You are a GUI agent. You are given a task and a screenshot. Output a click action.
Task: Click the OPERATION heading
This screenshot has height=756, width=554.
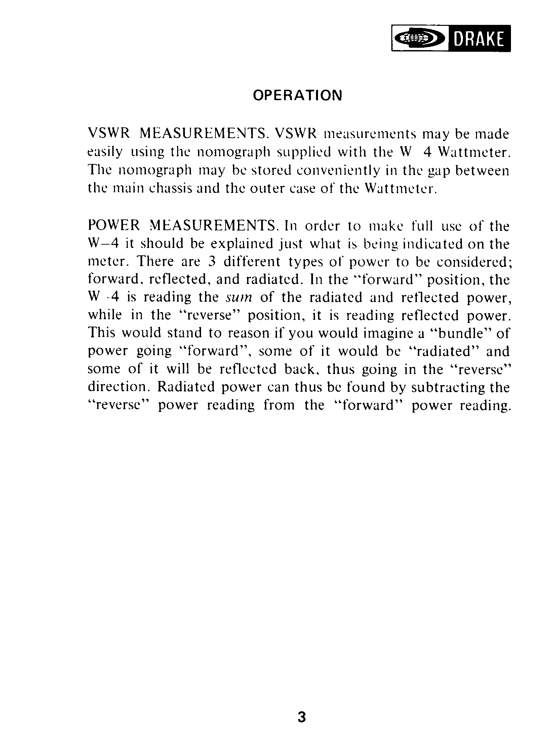pyautogui.click(x=297, y=95)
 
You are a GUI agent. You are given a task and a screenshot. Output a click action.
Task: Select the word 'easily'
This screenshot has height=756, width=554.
pyautogui.click(x=105, y=153)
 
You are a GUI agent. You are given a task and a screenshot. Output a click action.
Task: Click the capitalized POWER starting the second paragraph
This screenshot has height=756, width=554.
pyautogui.click(x=114, y=225)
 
